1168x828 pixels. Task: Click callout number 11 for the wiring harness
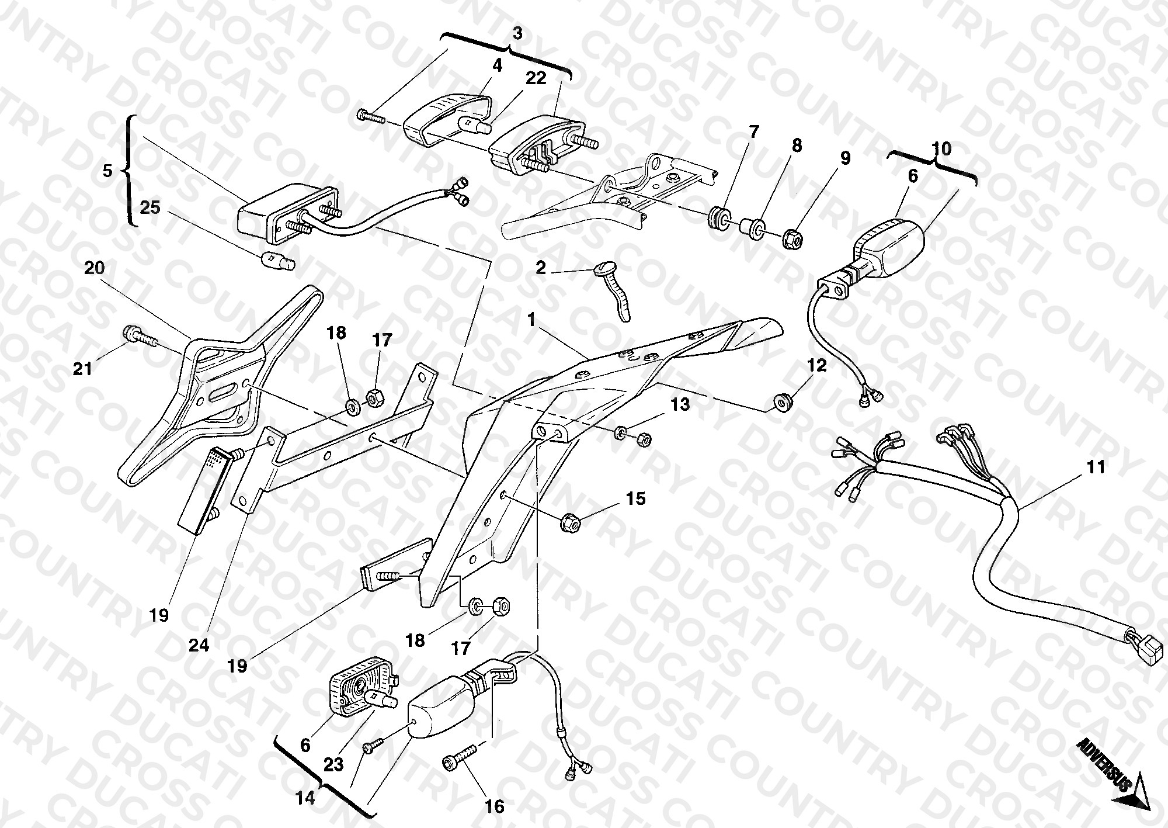click(1096, 467)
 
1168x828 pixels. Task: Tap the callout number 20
click(95, 268)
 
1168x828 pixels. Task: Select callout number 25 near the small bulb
click(151, 207)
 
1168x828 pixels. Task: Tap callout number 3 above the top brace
click(517, 34)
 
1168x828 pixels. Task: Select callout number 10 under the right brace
click(941, 148)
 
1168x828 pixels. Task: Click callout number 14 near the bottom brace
click(305, 798)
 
